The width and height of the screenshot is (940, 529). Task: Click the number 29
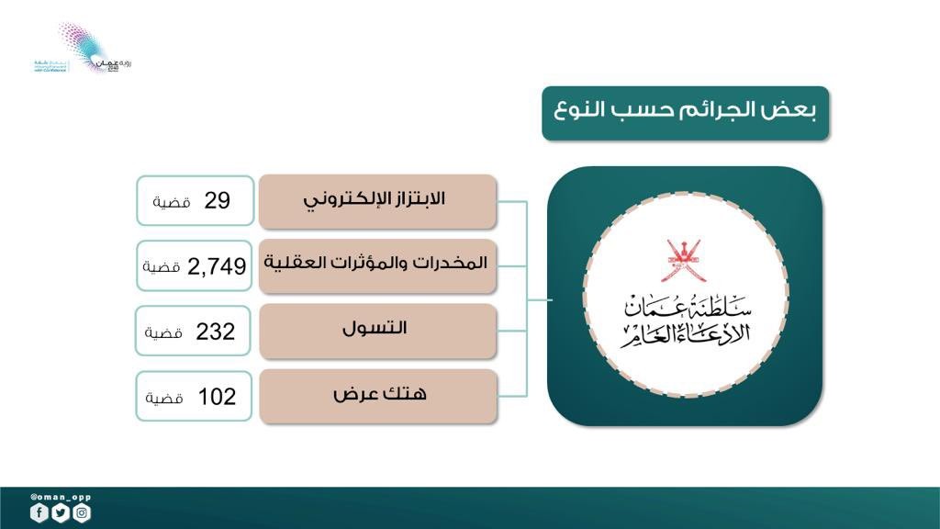(x=217, y=200)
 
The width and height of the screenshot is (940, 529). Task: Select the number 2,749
(x=217, y=266)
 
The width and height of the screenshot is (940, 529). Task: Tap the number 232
(x=216, y=332)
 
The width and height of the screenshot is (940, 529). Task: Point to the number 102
(x=217, y=397)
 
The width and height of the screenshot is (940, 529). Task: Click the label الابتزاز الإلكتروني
(x=378, y=200)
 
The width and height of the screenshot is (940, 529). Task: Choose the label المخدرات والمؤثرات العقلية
(x=376, y=264)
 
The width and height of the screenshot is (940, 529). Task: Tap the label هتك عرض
(x=379, y=394)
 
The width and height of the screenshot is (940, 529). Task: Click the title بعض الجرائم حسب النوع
(x=685, y=114)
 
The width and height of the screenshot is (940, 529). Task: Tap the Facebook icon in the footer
(x=39, y=513)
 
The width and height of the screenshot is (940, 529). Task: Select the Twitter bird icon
(x=61, y=513)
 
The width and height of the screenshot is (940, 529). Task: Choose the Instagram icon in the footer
(x=82, y=513)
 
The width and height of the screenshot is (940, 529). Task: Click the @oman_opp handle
(x=61, y=497)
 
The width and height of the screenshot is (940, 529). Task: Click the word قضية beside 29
(x=173, y=202)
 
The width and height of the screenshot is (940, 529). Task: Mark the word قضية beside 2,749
(x=161, y=267)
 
